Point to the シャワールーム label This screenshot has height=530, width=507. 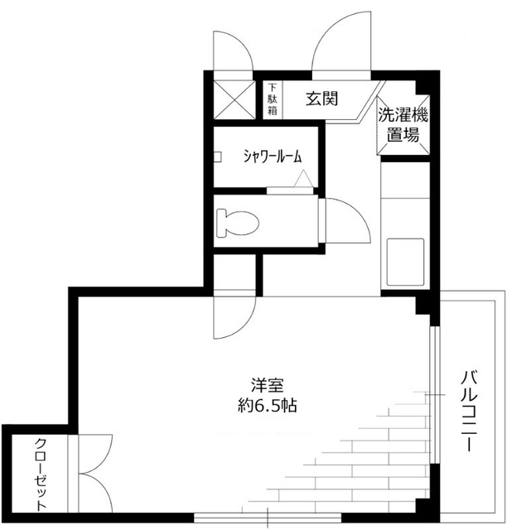tap(271, 156)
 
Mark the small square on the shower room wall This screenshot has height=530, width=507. tap(218, 157)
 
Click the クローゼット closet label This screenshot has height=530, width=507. tap(40, 473)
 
